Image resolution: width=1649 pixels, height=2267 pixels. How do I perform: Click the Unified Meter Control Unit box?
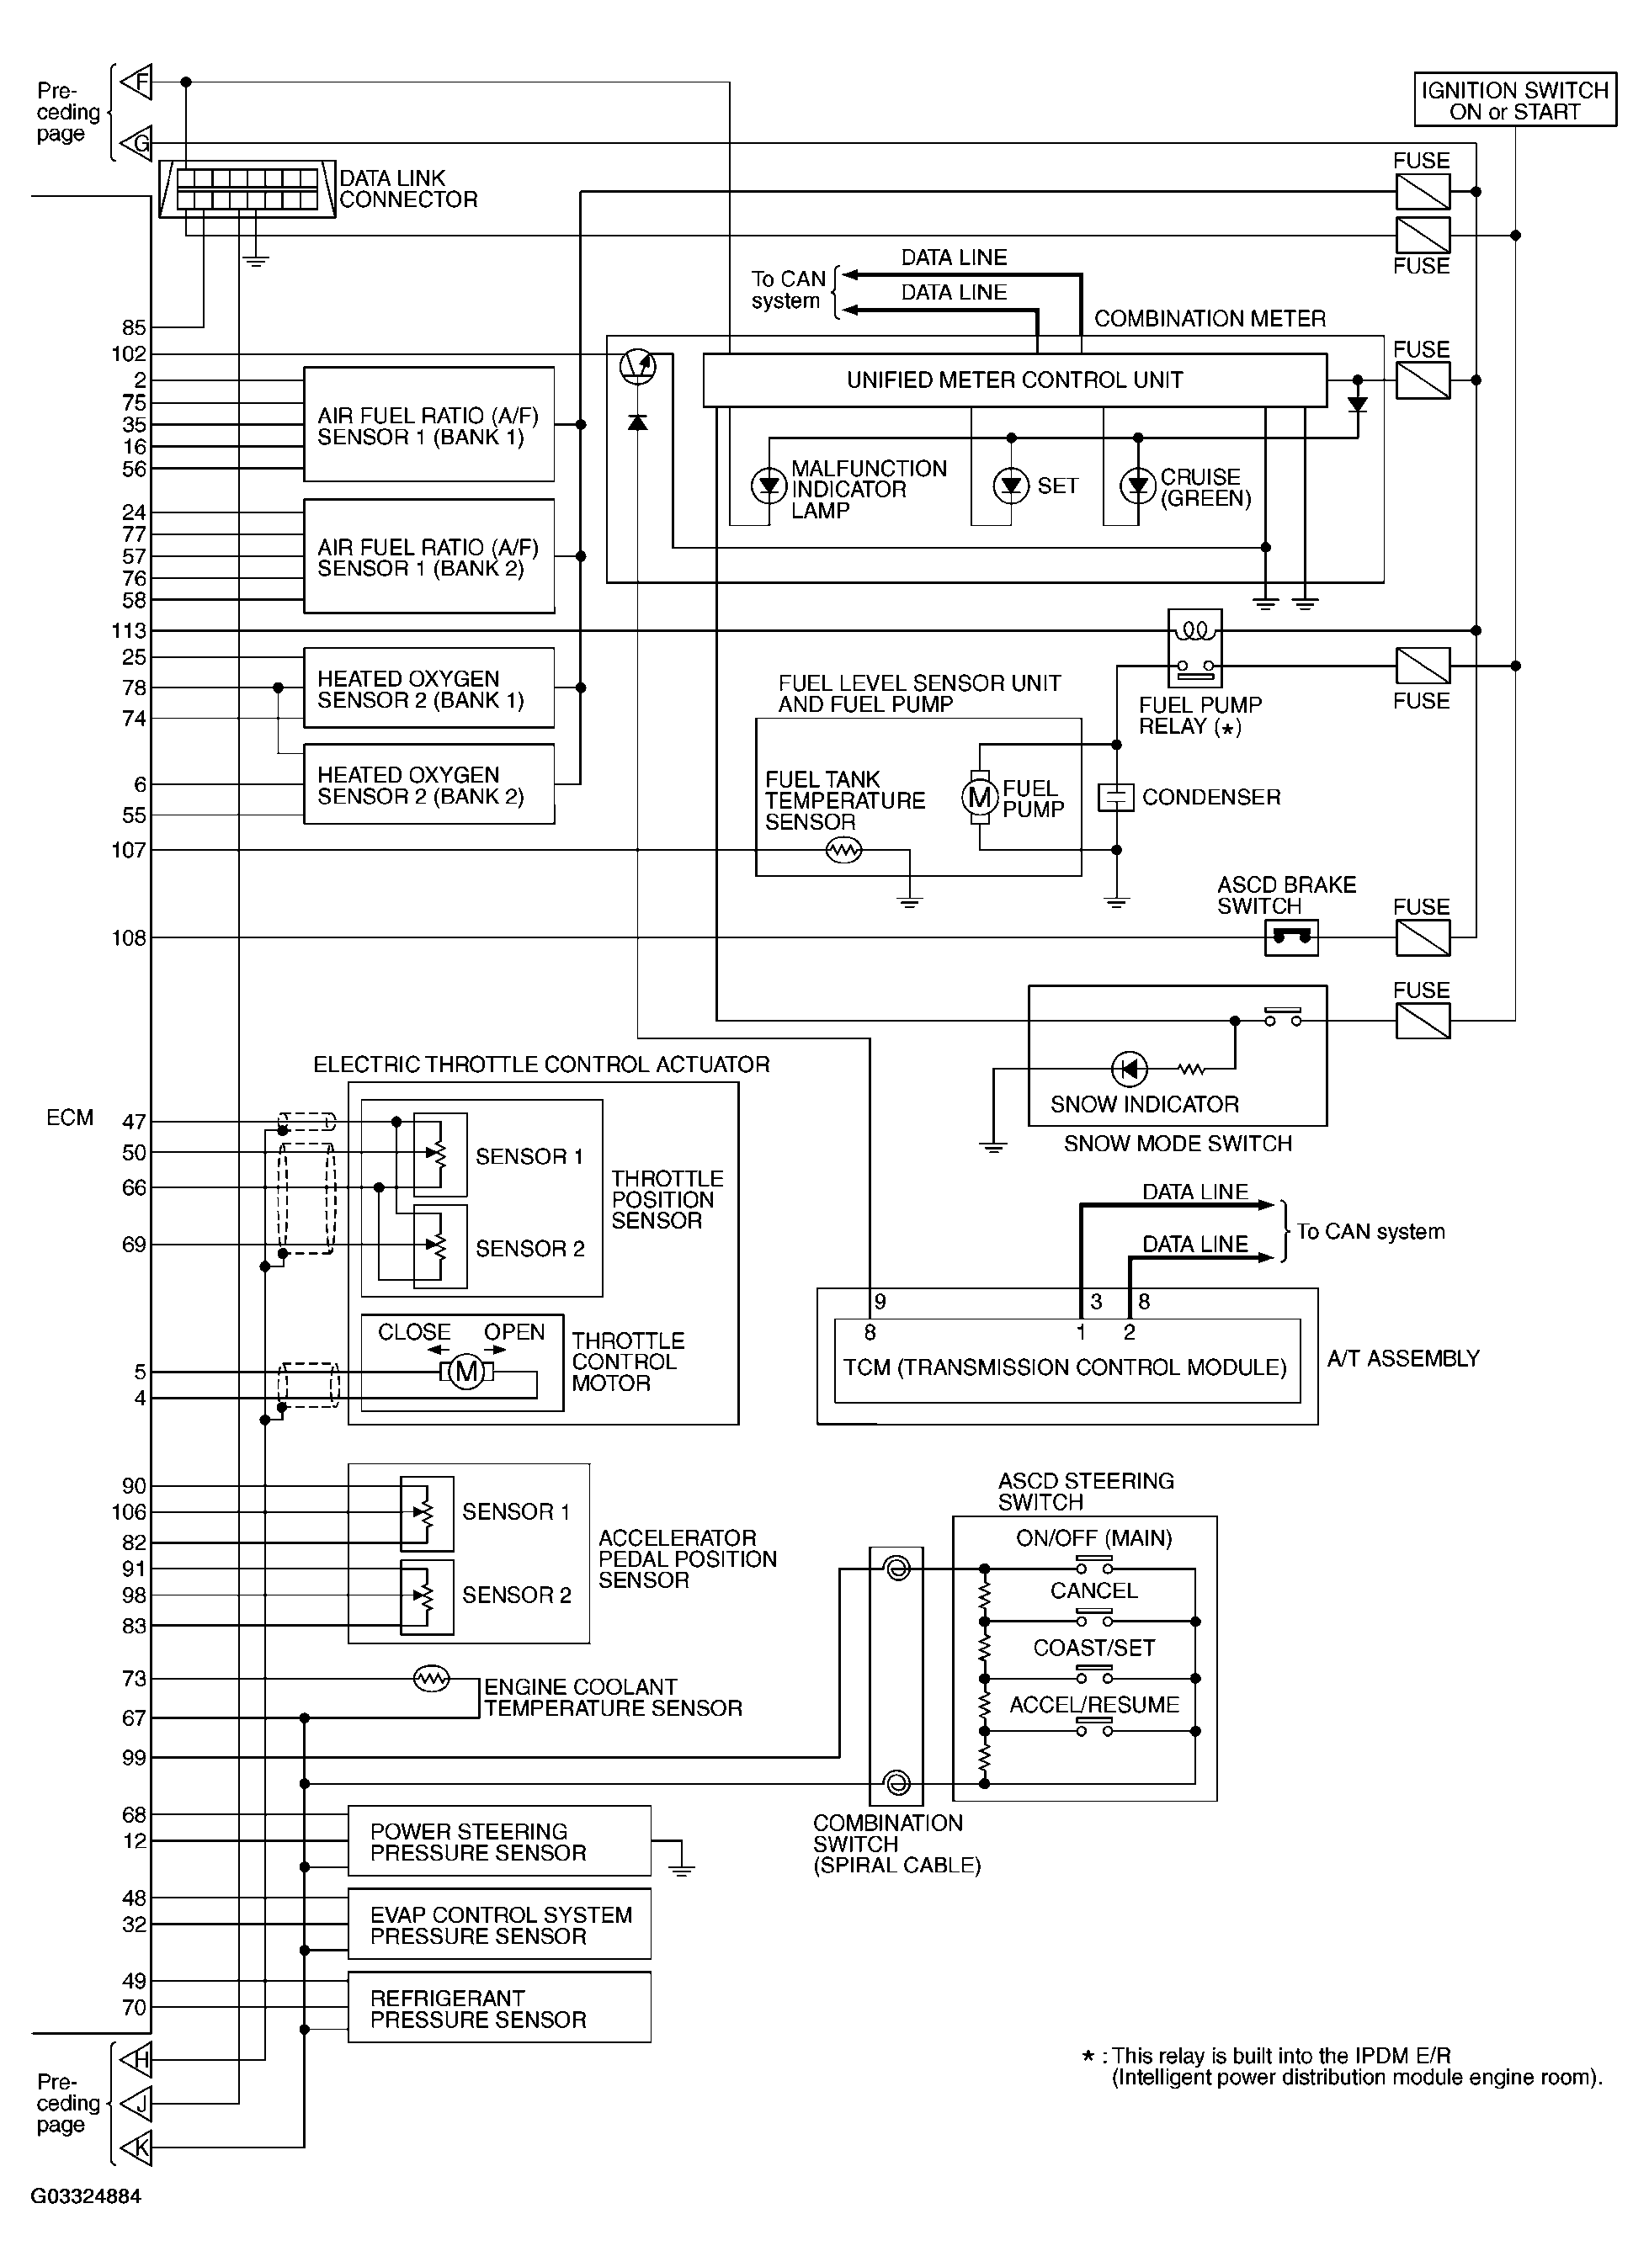[1014, 380]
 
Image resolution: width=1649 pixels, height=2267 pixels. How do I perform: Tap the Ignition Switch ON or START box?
[1514, 101]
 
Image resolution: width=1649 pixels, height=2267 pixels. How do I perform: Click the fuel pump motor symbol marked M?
[979, 798]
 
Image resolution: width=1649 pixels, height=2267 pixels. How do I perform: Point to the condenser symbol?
[1116, 798]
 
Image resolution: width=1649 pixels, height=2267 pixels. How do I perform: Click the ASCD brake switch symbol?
[1291, 937]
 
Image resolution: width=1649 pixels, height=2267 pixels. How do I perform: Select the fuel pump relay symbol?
[1194, 648]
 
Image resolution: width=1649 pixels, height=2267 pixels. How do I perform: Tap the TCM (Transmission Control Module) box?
[1066, 1367]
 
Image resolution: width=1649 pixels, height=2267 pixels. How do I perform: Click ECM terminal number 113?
[129, 631]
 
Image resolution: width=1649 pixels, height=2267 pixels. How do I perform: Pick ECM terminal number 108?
[129, 937]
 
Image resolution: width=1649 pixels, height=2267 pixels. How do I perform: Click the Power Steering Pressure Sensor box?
[499, 1841]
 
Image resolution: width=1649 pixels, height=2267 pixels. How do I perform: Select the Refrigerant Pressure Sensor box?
[499, 2008]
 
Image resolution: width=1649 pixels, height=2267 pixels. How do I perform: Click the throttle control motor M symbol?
[467, 1372]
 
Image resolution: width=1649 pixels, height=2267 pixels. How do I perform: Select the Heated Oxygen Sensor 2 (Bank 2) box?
[429, 784]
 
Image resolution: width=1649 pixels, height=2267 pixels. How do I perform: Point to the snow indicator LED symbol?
[1130, 1069]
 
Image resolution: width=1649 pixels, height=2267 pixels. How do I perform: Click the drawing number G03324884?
[86, 2197]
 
